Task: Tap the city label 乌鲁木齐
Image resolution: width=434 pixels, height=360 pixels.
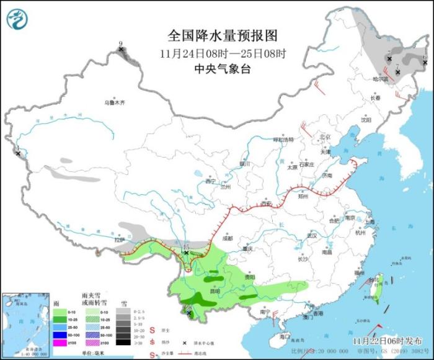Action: click(114, 102)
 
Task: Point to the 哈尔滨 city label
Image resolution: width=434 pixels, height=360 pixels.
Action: click(380, 79)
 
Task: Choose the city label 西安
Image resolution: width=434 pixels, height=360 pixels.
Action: click(267, 203)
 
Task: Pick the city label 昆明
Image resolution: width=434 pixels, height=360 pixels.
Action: click(215, 290)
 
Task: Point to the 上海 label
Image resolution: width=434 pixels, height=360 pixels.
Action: click(370, 222)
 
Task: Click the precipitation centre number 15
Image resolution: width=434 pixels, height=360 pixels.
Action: click(185, 247)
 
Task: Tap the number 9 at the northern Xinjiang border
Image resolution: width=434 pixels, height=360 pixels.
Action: click(121, 43)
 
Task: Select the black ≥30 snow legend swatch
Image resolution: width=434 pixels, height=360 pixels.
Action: click(125, 343)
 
